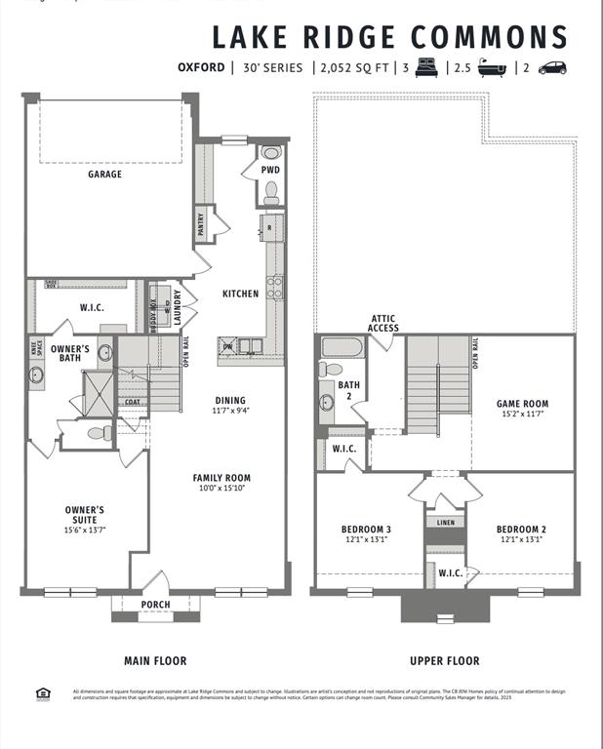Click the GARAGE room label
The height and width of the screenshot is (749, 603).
coord(105,175)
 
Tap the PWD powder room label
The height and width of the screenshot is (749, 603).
coord(270,170)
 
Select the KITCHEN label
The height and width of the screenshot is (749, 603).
coord(240,294)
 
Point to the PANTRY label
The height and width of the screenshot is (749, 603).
coord(202,225)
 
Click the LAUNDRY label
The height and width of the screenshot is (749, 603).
coord(178,305)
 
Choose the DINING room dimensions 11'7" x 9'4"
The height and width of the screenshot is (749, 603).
coord(230,411)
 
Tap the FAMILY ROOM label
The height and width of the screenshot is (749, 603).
coord(221,478)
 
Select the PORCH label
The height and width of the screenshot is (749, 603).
coord(155,605)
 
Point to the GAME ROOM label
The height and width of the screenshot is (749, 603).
coord(522,404)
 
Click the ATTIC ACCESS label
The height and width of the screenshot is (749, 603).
coord(382,323)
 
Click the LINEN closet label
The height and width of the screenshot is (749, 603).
coord(445,523)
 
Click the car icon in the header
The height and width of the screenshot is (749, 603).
coord(552,68)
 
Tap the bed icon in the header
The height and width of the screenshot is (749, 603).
coord(426,68)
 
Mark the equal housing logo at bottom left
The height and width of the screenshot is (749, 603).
coord(42,694)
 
